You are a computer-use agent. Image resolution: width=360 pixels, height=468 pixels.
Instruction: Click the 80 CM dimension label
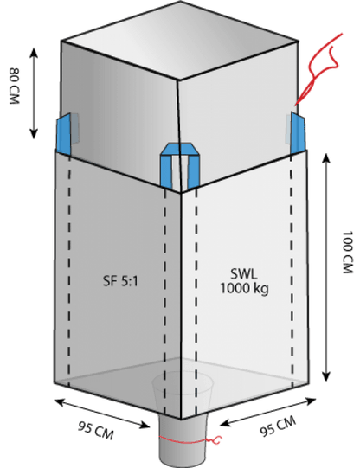pyautogui.click(x=15, y=86)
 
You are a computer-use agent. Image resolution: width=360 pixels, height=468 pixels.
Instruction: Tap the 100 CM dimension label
pyautogui.click(x=347, y=252)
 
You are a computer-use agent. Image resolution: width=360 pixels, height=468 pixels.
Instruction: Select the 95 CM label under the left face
pyautogui.click(x=96, y=431)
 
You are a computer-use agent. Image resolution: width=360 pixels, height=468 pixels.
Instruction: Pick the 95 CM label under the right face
pyautogui.click(x=278, y=426)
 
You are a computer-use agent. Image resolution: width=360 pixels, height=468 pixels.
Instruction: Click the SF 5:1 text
pyautogui.click(x=120, y=281)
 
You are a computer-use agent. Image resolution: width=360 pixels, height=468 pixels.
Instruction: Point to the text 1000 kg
pyautogui.click(x=244, y=288)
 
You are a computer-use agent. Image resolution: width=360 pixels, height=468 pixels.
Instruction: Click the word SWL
pyautogui.click(x=244, y=274)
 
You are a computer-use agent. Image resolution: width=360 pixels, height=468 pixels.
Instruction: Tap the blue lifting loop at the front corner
pyautogui.click(x=179, y=164)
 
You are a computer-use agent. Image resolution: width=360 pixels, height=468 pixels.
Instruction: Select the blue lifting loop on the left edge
pyautogui.click(x=64, y=134)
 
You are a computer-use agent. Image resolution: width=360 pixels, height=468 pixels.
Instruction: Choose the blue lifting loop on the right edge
pyautogui.click(x=298, y=133)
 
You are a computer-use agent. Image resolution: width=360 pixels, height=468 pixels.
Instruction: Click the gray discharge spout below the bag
pyautogui.click(x=183, y=439)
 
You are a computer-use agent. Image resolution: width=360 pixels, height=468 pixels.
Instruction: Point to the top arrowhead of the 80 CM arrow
pyautogui.click(x=34, y=53)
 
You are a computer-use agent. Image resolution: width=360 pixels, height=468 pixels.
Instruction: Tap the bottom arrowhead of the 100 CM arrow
pyautogui.click(x=326, y=376)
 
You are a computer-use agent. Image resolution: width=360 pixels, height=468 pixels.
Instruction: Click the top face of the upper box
pyautogui.click(x=180, y=41)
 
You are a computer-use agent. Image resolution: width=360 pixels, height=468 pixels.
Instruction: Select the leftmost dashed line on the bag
pyautogui.click(x=69, y=270)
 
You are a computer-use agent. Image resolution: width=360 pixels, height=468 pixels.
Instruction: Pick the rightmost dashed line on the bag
pyautogui.click(x=292, y=270)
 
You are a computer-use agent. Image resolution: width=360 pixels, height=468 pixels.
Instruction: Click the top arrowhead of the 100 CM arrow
pyautogui.click(x=326, y=158)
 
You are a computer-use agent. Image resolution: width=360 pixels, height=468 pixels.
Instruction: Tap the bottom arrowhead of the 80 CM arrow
pyautogui.click(x=34, y=134)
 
